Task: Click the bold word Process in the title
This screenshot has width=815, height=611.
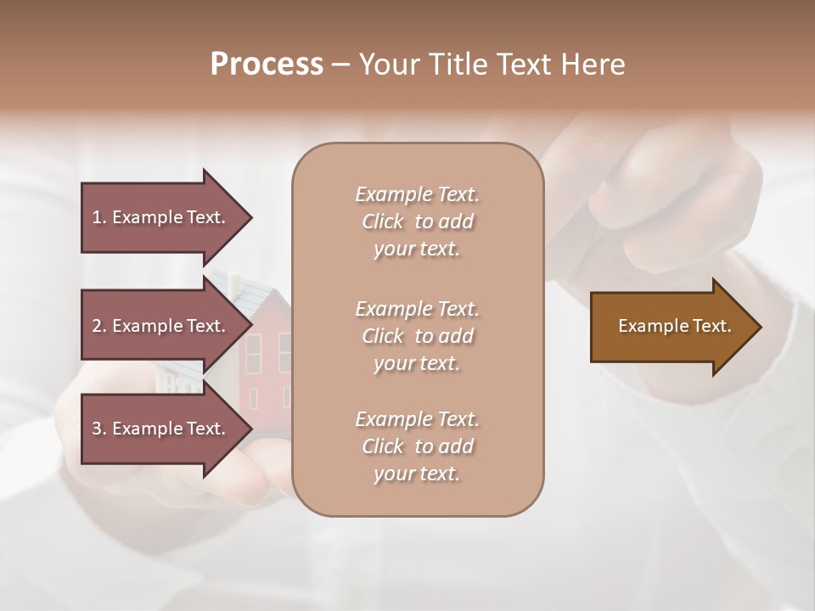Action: pos(267,64)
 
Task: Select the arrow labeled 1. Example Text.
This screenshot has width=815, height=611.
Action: pos(161,217)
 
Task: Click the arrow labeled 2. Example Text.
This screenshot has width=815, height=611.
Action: pos(161,326)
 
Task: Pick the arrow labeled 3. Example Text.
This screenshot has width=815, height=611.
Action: pos(161,429)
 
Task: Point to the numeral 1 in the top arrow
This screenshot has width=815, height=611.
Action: pos(97,217)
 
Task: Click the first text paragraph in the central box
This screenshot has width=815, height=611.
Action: pos(417,221)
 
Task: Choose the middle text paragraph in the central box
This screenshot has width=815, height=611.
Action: pos(417,336)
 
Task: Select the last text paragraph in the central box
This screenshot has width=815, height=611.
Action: pos(417,446)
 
